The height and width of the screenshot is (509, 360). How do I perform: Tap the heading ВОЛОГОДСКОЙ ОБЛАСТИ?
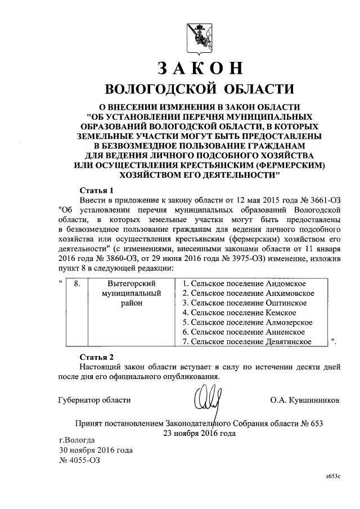(199, 89)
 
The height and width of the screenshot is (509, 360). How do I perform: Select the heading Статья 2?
(97, 357)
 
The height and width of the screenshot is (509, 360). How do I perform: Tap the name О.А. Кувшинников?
(304, 400)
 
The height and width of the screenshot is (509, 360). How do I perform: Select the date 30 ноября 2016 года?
(96, 450)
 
